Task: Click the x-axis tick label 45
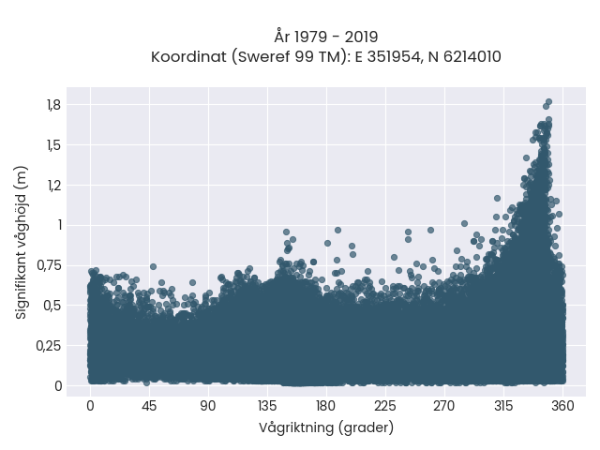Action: [149, 406]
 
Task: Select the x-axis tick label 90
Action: [208, 406]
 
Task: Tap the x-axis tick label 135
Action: [267, 406]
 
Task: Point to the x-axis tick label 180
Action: [326, 406]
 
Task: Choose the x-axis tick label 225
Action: [385, 406]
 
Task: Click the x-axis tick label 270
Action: [444, 406]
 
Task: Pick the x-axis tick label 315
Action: [503, 406]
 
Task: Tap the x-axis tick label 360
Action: [562, 406]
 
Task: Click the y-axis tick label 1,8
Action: [54, 105]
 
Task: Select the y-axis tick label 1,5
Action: [54, 145]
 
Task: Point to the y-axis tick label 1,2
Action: [54, 186]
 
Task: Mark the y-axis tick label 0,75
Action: [50, 265]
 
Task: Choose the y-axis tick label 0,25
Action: [49, 346]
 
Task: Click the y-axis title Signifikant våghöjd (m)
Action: [21, 243]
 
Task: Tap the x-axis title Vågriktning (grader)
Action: [326, 427]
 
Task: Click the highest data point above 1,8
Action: [548, 102]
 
